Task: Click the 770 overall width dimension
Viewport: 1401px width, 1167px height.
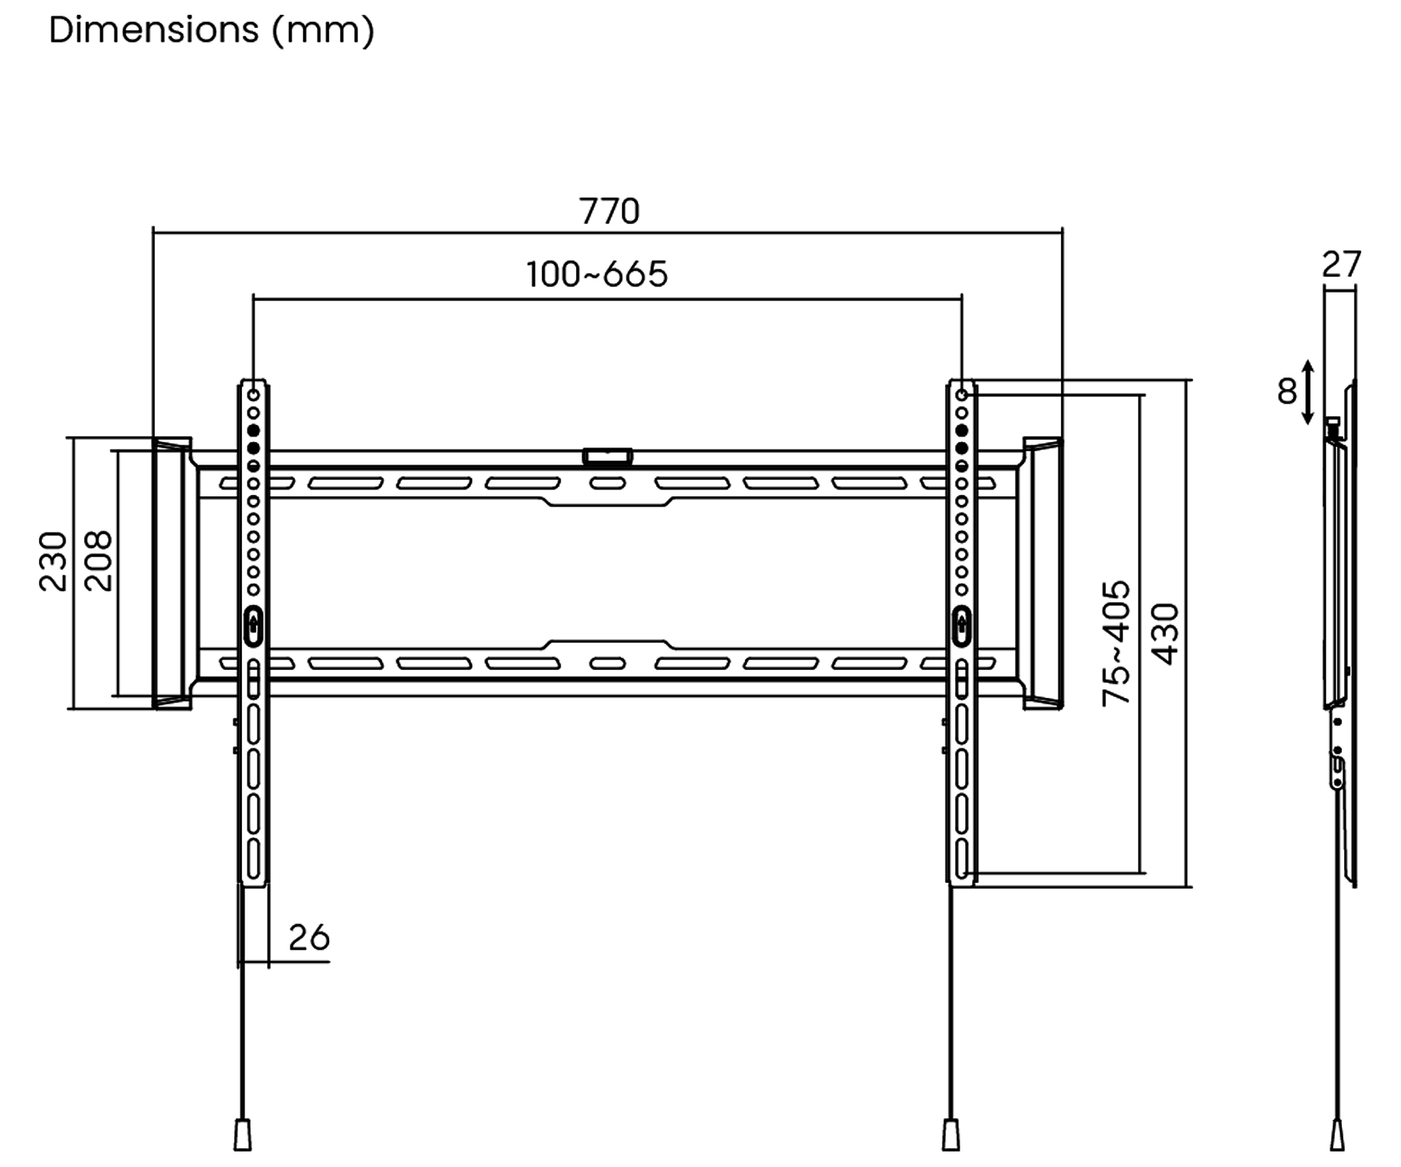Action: point(609,212)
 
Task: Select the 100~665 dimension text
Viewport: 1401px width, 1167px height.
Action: point(597,275)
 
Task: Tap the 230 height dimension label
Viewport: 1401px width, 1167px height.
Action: point(54,562)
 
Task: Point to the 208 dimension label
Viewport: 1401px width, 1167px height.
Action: point(98,562)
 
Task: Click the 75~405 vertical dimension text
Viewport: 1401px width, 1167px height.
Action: point(1116,643)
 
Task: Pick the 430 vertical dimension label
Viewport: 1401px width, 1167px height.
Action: point(1165,634)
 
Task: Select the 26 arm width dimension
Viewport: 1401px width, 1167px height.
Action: point(309,938)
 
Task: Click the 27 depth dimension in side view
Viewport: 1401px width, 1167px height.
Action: point(1341,265)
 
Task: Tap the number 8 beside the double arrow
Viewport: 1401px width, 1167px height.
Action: point(1287,391)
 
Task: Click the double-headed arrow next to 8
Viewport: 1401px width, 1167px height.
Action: point(1308,392)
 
